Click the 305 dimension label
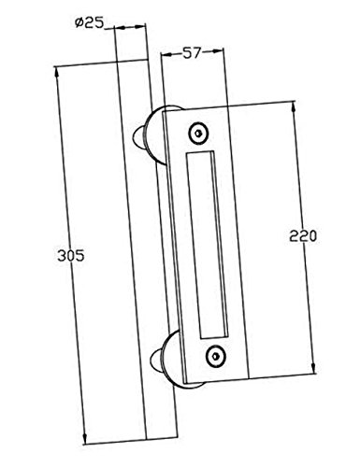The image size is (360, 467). click(71, 256)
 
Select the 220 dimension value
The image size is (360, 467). click(303, 235)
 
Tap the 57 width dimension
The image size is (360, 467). click(191, 52)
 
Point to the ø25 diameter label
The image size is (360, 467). click(89, 22)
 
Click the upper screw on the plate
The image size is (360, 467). click(198, 134)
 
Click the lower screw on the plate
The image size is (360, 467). click(216, 357)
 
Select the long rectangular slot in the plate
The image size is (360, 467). click(208, 245)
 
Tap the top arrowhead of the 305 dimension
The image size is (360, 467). click(57, 72)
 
